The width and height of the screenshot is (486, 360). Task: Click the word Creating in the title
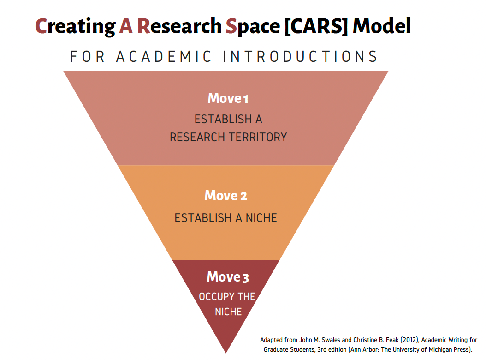(75, 27)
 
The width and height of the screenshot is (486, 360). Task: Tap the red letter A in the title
(126, 27)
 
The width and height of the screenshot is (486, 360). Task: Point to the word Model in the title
(381, 27)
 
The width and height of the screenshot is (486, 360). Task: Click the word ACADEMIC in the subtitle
(164, 57)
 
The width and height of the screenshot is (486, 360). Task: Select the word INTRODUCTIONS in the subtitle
(300, 57)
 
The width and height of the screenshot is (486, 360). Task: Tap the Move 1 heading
(228, 98)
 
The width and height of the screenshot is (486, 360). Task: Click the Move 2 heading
(226, 196)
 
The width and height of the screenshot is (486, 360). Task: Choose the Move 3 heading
(228, 277)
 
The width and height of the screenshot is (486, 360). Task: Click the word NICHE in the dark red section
(228, 312)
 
